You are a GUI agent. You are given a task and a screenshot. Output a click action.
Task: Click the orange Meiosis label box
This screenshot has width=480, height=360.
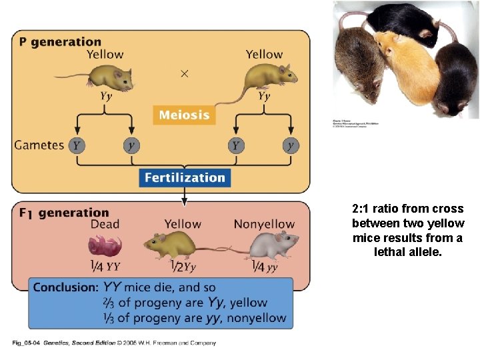coord(184,115)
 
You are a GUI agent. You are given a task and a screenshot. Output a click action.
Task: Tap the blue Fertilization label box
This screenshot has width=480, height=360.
coord(185,178)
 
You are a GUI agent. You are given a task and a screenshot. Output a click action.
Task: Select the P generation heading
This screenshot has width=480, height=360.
coord(60,42)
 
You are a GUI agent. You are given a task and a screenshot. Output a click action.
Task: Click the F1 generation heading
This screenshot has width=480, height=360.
coord(63,213)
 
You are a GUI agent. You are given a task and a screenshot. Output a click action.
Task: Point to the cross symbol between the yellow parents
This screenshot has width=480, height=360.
coord(185,73)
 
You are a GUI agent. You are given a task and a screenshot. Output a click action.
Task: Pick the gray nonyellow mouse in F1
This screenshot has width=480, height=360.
coord(269,246)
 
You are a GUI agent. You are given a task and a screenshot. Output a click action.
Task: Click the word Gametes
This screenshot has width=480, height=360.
coord(39,145)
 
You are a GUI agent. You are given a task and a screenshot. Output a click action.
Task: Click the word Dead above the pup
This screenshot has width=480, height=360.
coord(105,225)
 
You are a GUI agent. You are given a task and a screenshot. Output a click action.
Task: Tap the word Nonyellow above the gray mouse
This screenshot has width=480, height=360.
coord(264,225)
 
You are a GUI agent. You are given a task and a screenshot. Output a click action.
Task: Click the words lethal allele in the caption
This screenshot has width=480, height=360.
coord(408,252)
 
